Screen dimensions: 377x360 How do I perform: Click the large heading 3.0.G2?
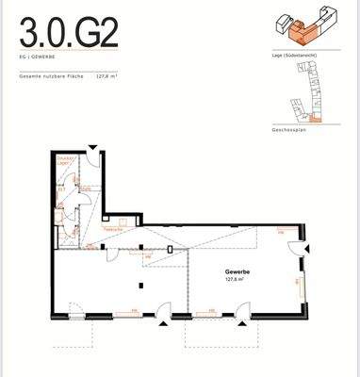pyautogui.click(x=69, y=34)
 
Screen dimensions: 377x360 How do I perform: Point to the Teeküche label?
pyautogui.click(x=114, y=229)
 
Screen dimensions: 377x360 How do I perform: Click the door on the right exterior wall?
pyautogui.click(x=298, y=249)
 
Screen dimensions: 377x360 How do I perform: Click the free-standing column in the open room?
pyautogui.click(x=141, y=281)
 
